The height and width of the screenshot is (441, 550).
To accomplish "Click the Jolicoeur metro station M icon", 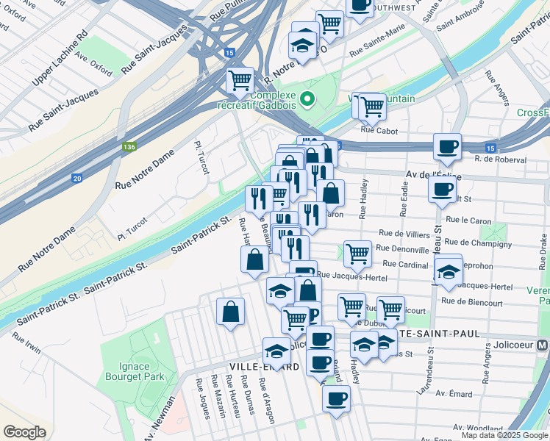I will coord(542,345).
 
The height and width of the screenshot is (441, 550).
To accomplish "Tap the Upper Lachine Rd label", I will coord(60,56).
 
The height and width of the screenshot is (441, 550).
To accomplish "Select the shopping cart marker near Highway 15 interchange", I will coord(240,80).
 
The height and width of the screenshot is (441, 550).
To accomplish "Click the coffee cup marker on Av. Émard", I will coord(336,398).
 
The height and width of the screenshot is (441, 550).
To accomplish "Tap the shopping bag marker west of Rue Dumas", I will coord(231,311).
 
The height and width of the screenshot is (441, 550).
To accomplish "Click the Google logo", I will coord(24,432).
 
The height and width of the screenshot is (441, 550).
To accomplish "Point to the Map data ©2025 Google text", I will coord(504,435).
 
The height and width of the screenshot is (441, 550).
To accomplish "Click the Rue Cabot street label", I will coord(379,132).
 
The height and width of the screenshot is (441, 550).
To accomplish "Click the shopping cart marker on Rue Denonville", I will coord(357,253).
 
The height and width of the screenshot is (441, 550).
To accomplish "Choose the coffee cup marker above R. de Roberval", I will coord(446,146).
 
